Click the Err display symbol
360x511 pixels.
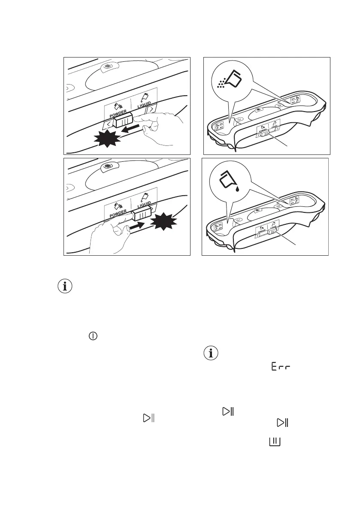click(281, 367)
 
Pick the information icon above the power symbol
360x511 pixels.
click(65, 287)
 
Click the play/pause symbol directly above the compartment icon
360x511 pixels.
click(282, 423)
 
